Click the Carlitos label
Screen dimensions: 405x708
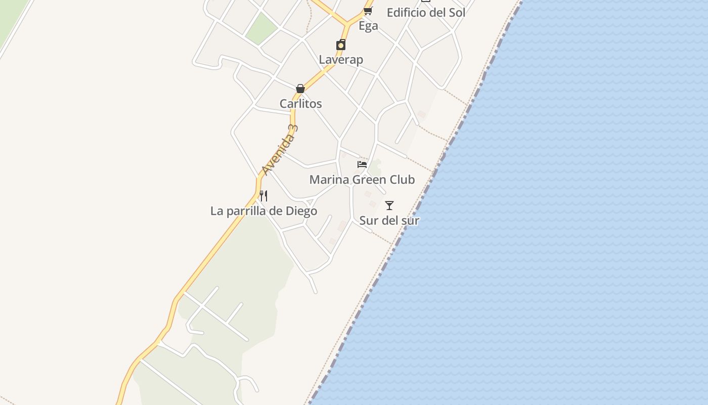(301, 104)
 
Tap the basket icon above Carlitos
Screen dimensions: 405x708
(300, 89)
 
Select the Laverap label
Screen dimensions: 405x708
(341, 60)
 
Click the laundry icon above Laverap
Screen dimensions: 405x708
(341, 45)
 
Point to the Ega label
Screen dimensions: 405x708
(368, 26)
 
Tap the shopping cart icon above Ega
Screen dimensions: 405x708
(368, 11)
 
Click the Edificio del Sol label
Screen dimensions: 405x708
(426, 13)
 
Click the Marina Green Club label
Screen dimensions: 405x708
(362, 180)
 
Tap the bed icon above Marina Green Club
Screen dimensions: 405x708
(362, 165)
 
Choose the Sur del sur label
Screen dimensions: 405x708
(389, 221)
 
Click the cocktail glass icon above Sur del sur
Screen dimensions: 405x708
(389, 206)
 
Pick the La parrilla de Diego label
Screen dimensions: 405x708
(263, 211)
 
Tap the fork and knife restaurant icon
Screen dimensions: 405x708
(263, 195)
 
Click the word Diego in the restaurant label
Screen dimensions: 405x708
(301, 211)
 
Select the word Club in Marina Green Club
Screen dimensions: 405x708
(403, 180)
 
